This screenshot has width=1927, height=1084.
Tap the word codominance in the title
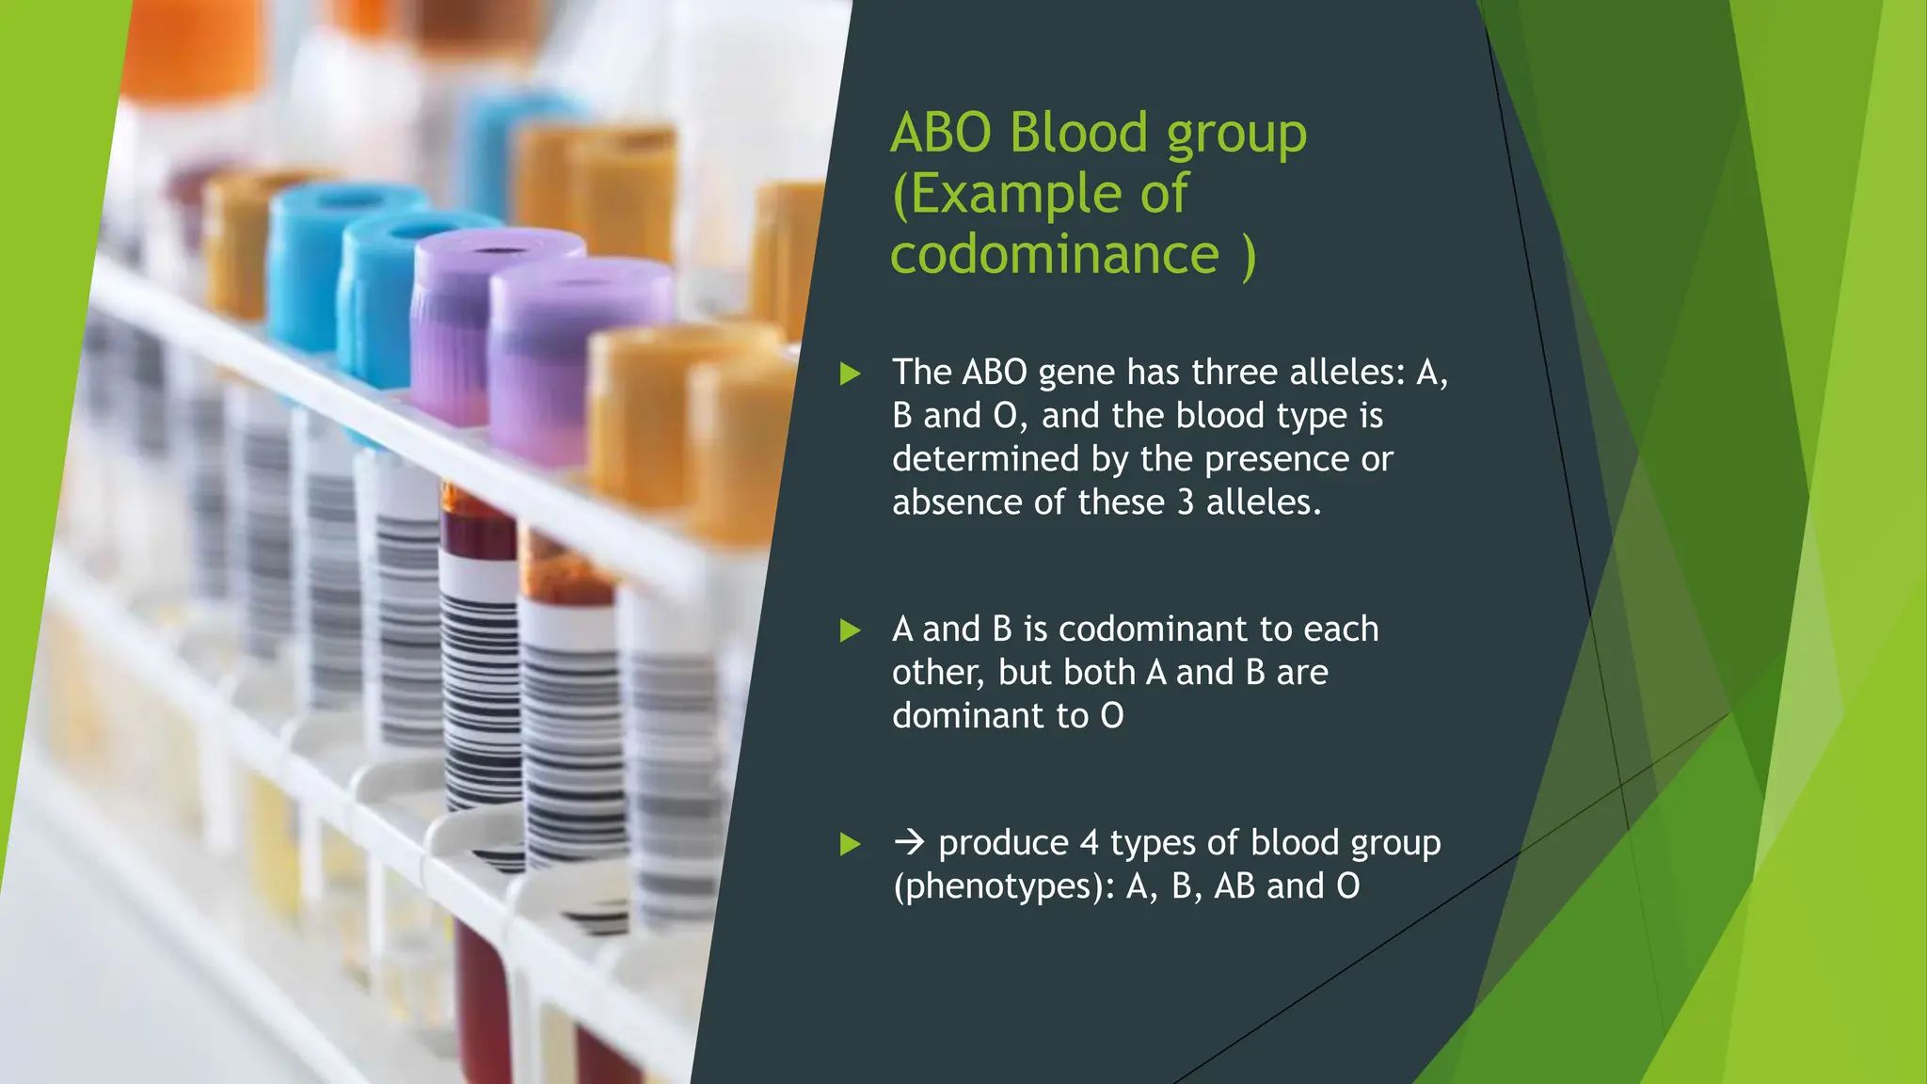1054,254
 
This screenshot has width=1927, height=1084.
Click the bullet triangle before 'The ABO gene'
851,374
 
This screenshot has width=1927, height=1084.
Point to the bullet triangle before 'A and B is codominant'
851,630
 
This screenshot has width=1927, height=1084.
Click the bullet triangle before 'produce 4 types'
851,844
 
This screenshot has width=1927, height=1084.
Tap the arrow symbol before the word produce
909,842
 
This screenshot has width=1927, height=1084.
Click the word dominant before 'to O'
968,716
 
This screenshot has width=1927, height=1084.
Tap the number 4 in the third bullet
1090,843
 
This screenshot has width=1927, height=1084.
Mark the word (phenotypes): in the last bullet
1003,886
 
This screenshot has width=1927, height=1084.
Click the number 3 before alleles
1186,502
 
